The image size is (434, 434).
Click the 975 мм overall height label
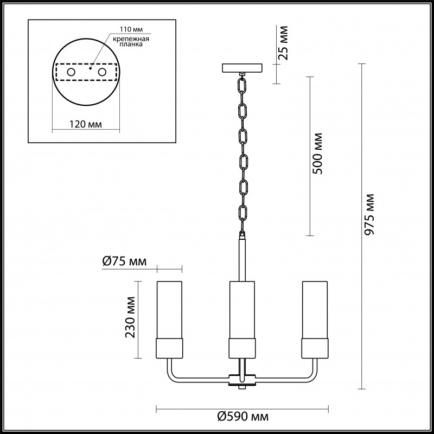[369, 214]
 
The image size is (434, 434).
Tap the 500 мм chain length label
[317, 154]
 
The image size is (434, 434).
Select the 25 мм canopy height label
[283, 43]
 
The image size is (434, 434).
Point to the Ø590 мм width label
[242, 416]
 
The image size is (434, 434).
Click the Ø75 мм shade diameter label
[124, 261]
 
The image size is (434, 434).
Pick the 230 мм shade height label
[130, 317]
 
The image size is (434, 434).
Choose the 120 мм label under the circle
[86, 124]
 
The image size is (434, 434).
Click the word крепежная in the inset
[131, 39]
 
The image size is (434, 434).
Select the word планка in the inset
[131, 44]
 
